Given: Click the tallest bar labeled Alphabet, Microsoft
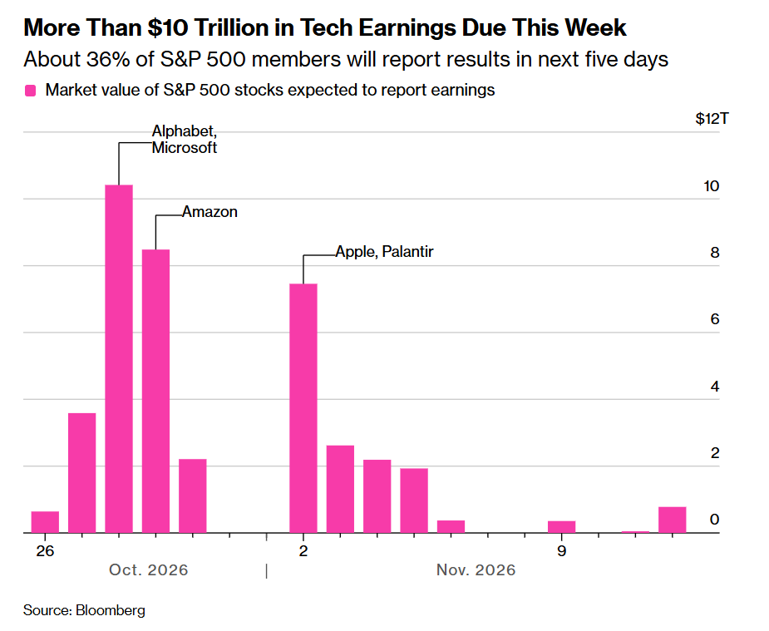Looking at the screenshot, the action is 119,358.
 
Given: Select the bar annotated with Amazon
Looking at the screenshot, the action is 156,391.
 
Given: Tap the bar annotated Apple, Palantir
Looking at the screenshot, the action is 303,408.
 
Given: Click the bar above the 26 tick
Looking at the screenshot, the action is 45,521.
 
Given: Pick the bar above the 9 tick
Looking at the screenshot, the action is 561,526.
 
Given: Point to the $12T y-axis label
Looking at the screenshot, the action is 712,119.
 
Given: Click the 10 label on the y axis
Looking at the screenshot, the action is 711,186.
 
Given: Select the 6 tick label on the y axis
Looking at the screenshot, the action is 715,319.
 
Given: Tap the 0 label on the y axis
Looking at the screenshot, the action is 715,520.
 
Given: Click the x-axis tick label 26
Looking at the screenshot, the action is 45,551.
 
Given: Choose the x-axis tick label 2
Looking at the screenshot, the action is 303,551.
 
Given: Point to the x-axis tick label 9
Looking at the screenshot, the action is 561,551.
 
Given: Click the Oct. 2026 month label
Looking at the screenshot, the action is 149,569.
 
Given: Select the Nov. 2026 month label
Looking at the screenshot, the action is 476,569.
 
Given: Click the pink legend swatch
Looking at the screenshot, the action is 31,91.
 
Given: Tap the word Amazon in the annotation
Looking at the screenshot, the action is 210,212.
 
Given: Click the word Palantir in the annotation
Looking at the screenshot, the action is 407,252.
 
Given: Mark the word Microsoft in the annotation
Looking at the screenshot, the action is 185,148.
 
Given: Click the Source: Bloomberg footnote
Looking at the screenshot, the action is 84,610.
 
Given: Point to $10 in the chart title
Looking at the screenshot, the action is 168,27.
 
